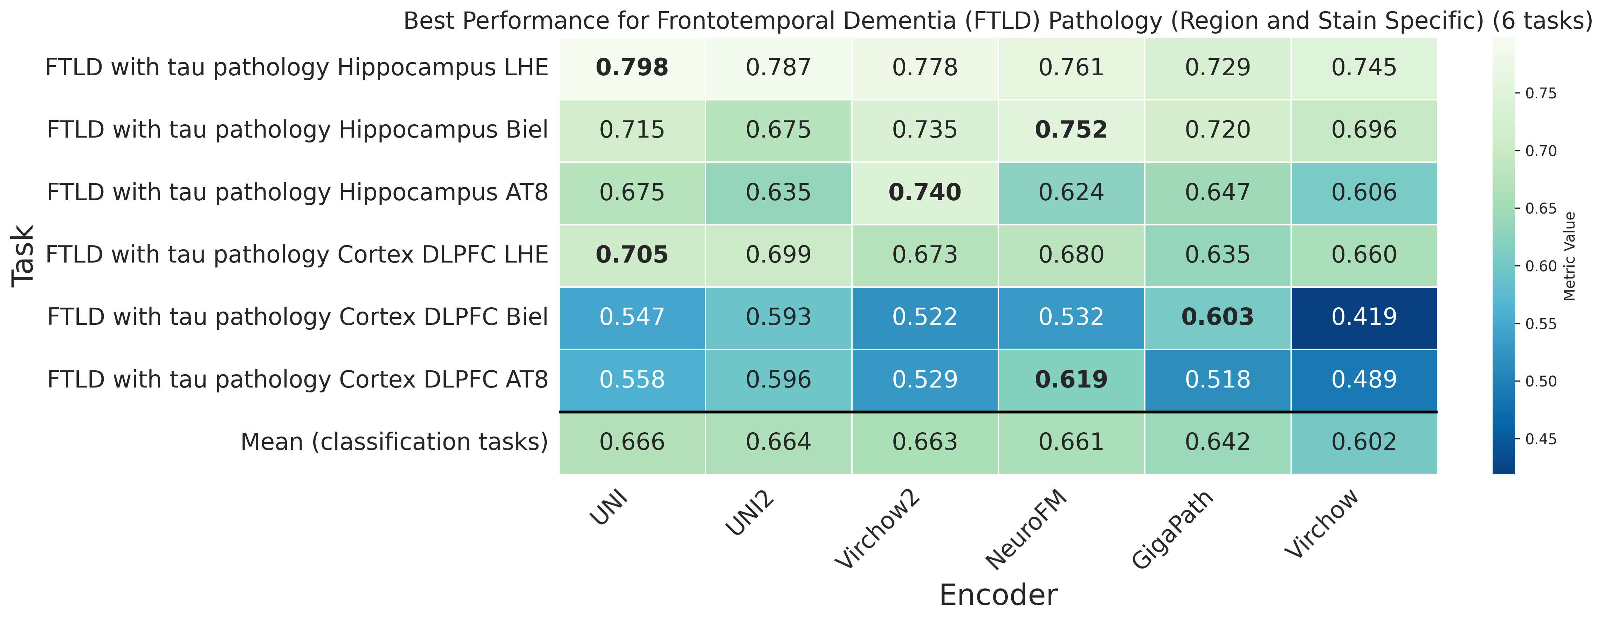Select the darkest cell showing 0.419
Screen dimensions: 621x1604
(x=1364, y=318)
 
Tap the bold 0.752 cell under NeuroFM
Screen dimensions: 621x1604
(x=1071, y=130)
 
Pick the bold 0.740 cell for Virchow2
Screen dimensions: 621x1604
(x=925, y=192)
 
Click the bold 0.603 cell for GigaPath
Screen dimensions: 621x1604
(x=1217, y=318)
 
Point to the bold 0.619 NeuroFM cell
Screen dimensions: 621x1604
(x=1071, y=379)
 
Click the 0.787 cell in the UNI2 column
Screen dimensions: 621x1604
(x=778, y=68)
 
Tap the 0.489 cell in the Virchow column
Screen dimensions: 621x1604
(x=1364, y=379)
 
